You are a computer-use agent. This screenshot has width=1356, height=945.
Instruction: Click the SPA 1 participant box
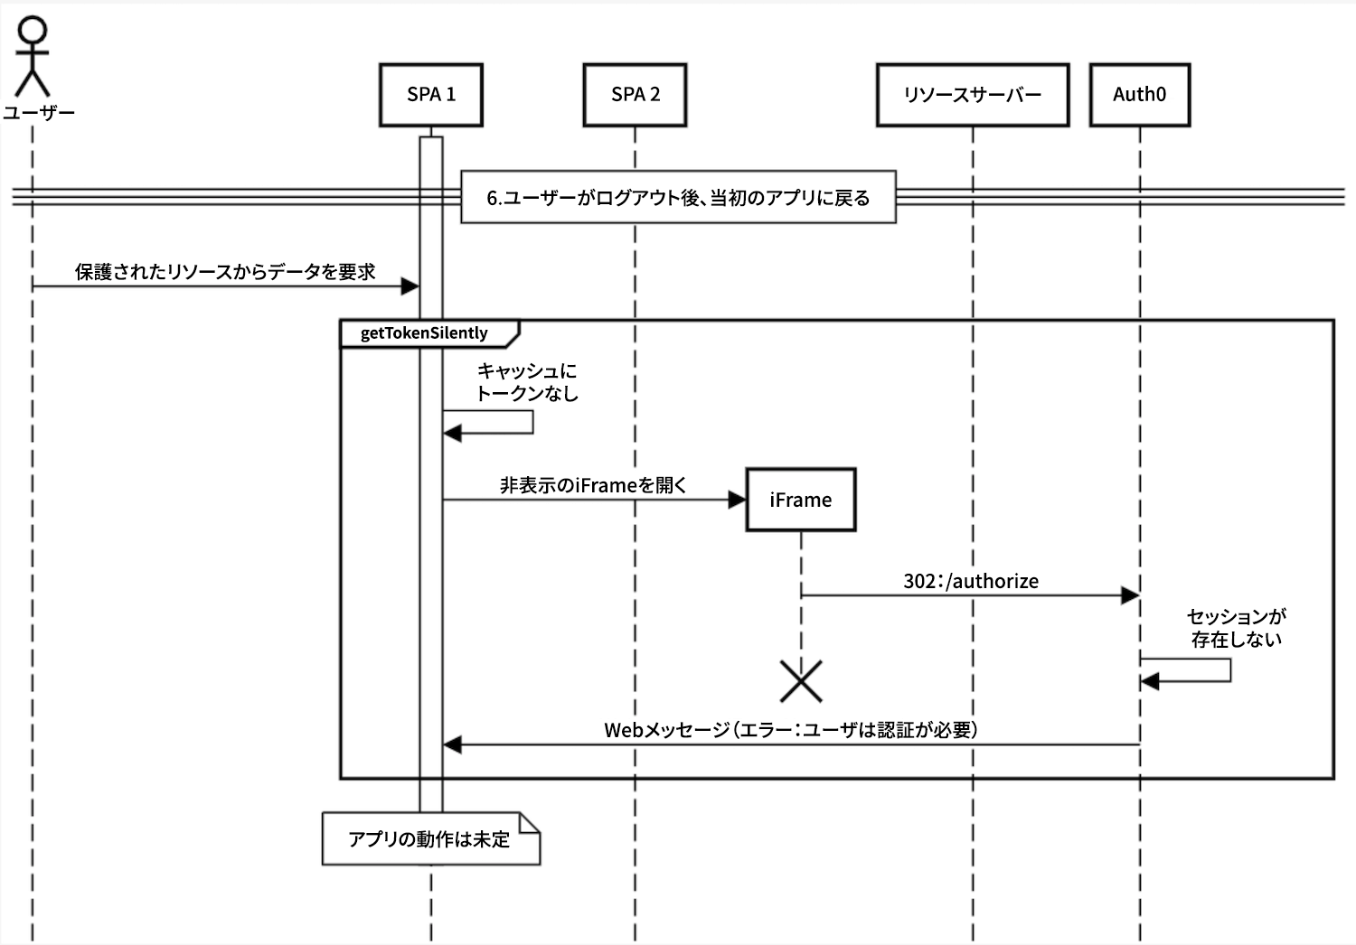pyautogui.click(x=431, y=95)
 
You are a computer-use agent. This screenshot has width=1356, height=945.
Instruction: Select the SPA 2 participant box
pyautogui.click(x=635, y=95)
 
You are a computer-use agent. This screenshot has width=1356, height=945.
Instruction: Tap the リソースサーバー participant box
pyautogui.click(x=973, y=95)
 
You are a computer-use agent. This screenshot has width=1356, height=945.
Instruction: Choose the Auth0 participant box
pyautogui.click(x=1139, y=95)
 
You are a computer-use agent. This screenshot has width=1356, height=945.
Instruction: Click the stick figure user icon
pyautogui.click(x=33, y=56)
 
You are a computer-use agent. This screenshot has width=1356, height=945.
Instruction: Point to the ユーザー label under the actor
pyautogui.click(x=38, y=113)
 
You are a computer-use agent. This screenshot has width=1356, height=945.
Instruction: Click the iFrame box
pyautogui.click(x=800, y=500)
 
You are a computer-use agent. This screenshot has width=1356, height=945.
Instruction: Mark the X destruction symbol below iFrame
pyautogui.click(x=801, y=681)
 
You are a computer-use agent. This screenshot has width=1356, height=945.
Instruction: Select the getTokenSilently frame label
pyautogui.click(x=425, y=333)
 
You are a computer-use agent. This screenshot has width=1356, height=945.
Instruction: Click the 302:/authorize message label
pyautogui.click(x=971, y=581)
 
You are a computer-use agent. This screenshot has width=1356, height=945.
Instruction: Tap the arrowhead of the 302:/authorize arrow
pyautogui.click(x=1129, y=595)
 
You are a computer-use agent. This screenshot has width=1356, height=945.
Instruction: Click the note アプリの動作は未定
pyautogui.click(x=430, y=839)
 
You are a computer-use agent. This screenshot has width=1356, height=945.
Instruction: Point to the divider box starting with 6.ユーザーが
pyautogui.click(x=678, y=197)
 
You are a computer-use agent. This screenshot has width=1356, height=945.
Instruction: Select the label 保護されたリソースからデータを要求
pyautogui.click(x=225, y=272)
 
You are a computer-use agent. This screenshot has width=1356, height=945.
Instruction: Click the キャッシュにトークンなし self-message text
pyautogui.click(x=527, y=382)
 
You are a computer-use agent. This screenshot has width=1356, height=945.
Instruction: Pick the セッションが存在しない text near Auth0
pyautogui.click(x=1236, y=628)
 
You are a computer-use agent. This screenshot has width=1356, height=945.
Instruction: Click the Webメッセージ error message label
pyautogui.click(x=791, y=730)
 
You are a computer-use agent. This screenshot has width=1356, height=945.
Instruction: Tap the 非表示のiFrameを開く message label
pyautogui.click(x=594, y=485)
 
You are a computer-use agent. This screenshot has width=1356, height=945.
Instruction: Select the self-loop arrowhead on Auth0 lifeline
pyautogui.click(x=1150, y=681)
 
